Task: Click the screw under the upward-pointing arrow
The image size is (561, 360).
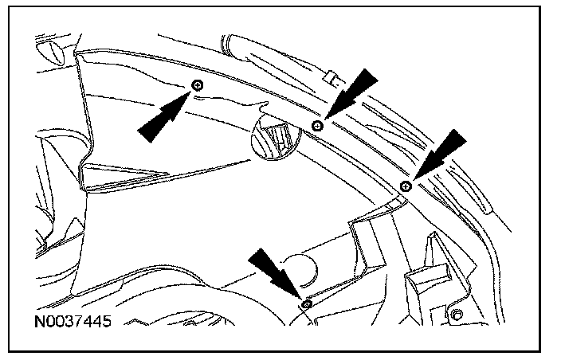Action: click(x=198, y=84)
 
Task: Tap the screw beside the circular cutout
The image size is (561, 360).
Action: click(x=317, y=126)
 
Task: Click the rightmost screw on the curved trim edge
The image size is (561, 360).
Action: click(x=405, y=186)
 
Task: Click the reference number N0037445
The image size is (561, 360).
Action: click(x=73, y=323)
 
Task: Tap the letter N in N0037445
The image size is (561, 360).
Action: click(x=41, y=323)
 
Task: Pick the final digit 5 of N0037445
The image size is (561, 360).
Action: click(x=105, y=323)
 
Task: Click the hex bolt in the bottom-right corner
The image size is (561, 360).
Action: click(x=457, y=316)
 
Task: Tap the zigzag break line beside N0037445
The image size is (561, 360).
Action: click(x=159, y=323)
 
